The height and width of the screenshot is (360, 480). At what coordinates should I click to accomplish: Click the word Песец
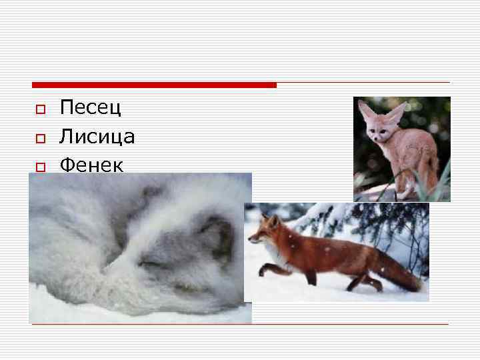[x=90, y=107]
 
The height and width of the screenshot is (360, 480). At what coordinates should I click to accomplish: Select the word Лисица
[x=97, y=137]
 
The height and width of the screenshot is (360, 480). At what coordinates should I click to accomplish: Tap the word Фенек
[x=91, y=164]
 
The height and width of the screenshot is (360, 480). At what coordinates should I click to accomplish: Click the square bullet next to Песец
[x=40, y=109]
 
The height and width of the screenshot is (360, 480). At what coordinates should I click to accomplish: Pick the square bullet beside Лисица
[x=40, y=138]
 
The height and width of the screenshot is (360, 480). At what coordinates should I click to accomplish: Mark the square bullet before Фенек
[x=40, y=166]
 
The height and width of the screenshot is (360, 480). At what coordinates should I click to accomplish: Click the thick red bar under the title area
[x=154, y=85]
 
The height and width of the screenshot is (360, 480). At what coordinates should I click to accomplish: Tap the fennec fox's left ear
[x=366, y=109]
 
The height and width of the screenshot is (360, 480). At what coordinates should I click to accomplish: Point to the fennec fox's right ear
[x=396, y=113]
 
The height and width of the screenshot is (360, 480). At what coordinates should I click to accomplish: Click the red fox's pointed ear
[x=273, y=220]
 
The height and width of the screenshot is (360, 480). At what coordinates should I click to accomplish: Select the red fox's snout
[x=252, y=239]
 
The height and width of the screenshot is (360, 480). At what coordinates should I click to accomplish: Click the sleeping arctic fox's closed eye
[x=150, y=263]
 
